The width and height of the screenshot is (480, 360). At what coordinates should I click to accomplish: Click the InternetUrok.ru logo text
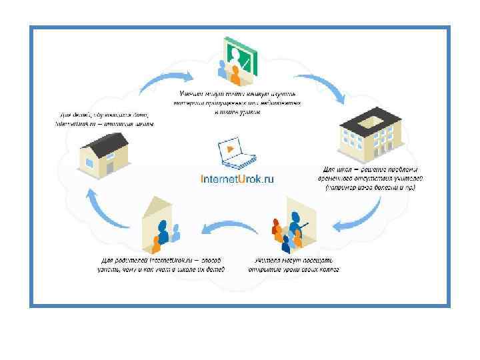click(x=237, y=178)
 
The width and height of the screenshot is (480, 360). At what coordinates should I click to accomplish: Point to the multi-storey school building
click(x=371, y=137)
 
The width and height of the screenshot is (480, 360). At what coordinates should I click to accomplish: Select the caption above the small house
click(x=104, y=120)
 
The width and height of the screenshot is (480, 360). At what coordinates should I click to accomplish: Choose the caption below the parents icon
click(x=163, y=265)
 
